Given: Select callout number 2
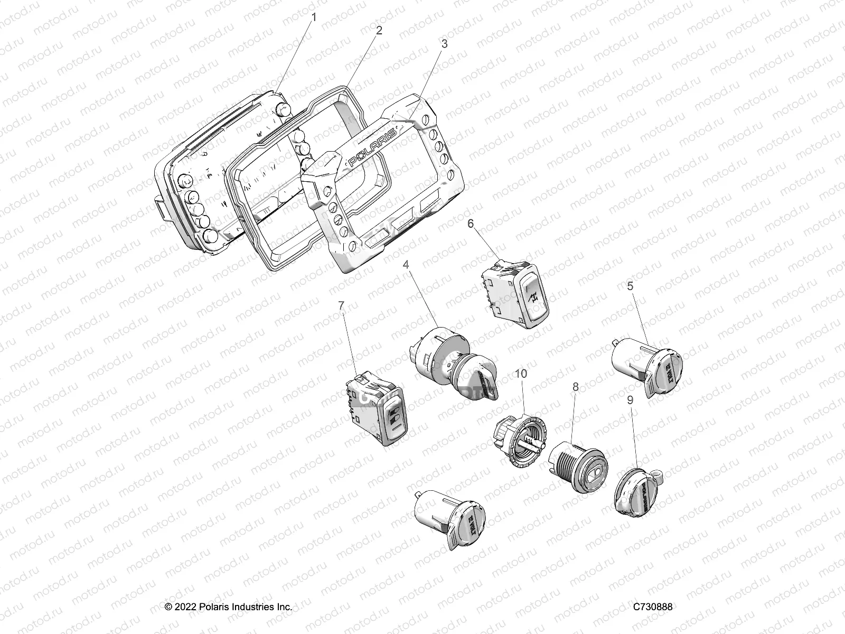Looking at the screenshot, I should pyautogui.click(x=379, y=30).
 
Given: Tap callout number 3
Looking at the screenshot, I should pyautogui.click(x=444, y=44).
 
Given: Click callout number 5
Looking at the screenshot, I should pyautogui.click(x=630, y=286).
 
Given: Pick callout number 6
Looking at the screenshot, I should pyautogui.click(x=471, y=224).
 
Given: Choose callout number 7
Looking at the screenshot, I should pyautogui.click(x=341, y=305).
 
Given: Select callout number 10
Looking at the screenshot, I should pyautogui.click(x=521, y=374).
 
